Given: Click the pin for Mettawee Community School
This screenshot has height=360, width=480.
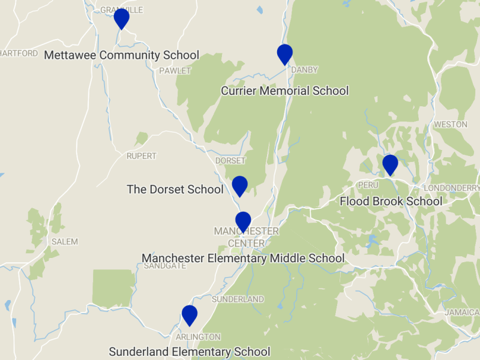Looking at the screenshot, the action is pyautogui.click(x=122, y=19).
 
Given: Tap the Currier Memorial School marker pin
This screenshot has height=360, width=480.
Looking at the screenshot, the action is pyautogui.click(x=284, y=54).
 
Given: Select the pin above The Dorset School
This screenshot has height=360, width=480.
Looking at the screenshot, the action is pyautogui.click(x=239, y=186).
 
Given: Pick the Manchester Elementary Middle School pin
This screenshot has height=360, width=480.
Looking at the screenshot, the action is pyautogui.click(x=243, y=221).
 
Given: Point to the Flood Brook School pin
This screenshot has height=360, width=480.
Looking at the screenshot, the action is pyautogui.click(x=390, y=164).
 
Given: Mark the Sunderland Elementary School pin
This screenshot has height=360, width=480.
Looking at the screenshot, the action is pyautogui.click(x=190, y=315).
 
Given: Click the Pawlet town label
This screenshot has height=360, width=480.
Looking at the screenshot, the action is pyautogui.click(x=175, y=71).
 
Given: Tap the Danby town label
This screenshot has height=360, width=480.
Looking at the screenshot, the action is pyautogui.click(x=304, y=70).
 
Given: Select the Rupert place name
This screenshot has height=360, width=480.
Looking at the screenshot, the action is pyautogui.click(x=141, y=156).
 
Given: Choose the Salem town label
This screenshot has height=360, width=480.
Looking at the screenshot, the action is pyautogui.click(x=65, y=242).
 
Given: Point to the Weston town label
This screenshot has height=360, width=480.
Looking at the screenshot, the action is pyautogui.click(x=450, y=124).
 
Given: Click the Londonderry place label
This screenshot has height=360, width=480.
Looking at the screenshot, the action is pyautogui.click(x=451, y=188).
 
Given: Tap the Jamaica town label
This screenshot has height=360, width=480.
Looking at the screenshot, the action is pyautogui.click(x=461, y=313).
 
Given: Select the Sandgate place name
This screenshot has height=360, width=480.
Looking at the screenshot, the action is pyautogui.click(x=165, y=266).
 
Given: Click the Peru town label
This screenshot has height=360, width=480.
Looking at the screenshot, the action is pyautogui.click(x=367, y=185).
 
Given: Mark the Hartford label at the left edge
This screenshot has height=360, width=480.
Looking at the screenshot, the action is pyautogui.click(x=19, y=53).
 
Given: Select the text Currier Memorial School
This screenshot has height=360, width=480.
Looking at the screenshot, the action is pyautogui.click(x=284, y=91).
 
